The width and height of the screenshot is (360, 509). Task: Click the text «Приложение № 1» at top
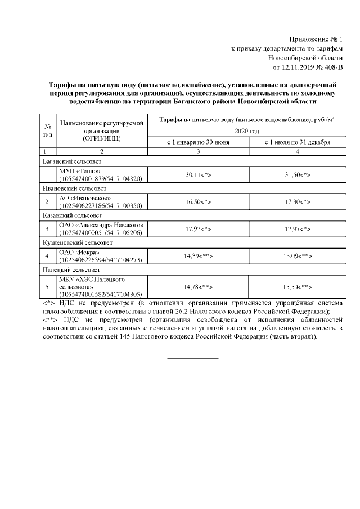(x=315, y=39)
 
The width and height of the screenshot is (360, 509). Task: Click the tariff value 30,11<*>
(x=199, y=174)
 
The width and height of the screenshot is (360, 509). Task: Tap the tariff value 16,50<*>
(x=199, y=201)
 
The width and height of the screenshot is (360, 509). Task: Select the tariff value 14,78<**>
(x=199, y=287)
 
